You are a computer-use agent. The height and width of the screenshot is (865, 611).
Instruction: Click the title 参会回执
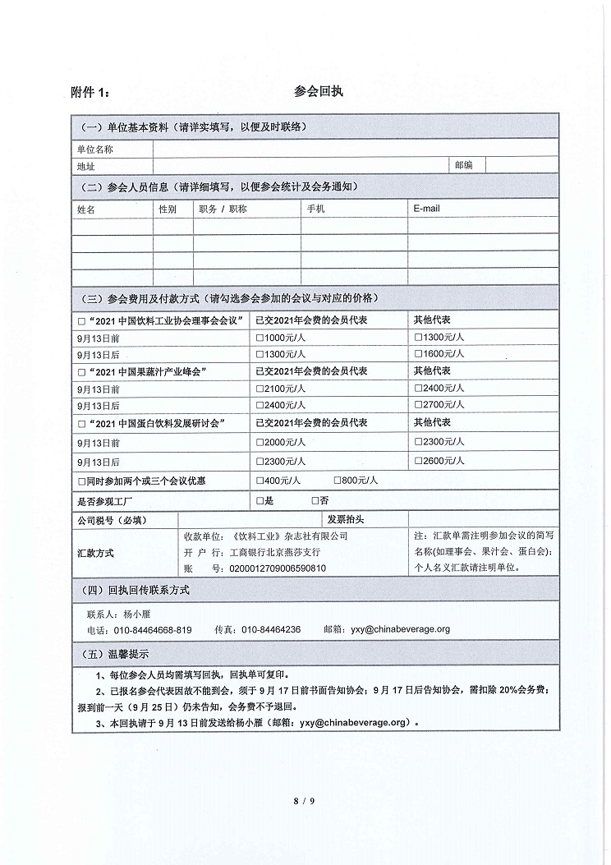317,91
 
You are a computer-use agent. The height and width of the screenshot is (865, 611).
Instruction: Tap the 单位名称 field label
94,150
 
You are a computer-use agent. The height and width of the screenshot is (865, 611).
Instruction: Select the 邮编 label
464,165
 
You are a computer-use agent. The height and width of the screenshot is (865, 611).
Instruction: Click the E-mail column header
427,209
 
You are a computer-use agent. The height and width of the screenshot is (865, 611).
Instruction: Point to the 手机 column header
315,209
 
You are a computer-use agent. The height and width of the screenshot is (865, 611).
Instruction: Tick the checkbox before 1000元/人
260,337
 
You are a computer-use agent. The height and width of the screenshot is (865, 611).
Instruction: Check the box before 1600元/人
419,354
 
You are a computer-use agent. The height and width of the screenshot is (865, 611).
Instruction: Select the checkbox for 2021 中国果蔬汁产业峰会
81,371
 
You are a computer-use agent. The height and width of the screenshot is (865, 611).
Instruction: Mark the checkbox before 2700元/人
419,405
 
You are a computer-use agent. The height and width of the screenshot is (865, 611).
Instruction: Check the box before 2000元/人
260,442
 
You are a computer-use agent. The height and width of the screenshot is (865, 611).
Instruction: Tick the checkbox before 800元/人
338,481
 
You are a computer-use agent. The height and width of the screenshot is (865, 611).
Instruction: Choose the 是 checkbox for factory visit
260,500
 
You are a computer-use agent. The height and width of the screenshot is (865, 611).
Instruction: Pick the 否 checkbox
315,500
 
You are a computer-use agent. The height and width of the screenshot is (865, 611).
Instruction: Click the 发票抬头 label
345,520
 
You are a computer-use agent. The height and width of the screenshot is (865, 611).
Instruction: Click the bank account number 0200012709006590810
277,568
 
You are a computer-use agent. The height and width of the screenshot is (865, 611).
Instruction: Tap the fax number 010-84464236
271,630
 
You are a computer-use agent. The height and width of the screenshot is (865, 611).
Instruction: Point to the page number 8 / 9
305,800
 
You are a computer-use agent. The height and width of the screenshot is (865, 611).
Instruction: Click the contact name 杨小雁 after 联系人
137,614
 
